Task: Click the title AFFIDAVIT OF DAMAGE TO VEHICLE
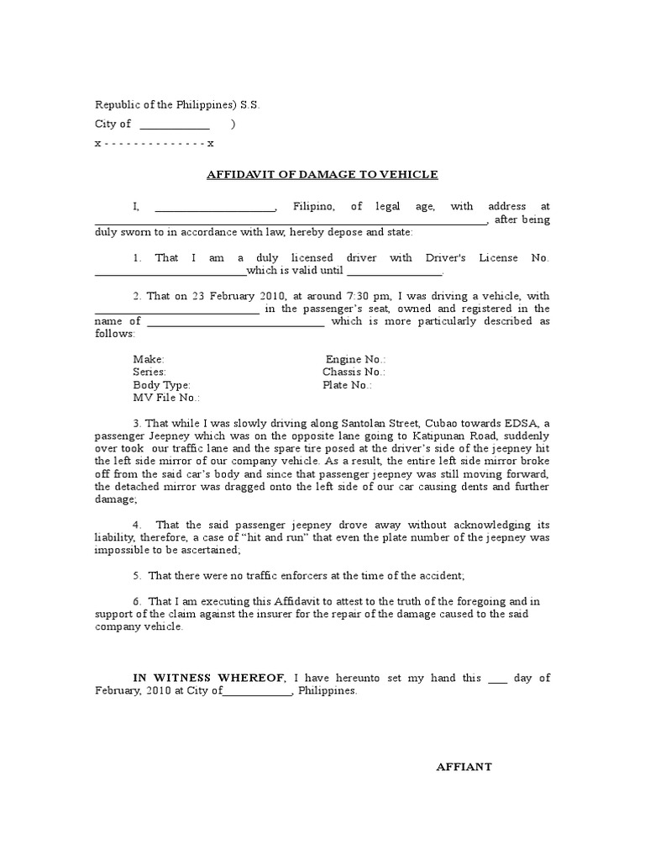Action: (x=322, y=175)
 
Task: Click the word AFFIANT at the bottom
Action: (x=464, y=767)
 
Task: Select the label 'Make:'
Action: (x=149, y=359)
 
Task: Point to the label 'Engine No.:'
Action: (x=355, y=359)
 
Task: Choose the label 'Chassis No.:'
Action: (x=354, y=372)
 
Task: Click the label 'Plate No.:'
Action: (x=347, y=385)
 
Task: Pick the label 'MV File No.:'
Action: (x=166, y=398)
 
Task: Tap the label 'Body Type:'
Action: (x=162, y=385)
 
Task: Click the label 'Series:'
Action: (x=149, y=372)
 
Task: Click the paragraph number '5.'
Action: (x=137, y=576)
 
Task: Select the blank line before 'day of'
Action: (x=497, y=679)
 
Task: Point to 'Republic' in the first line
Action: (x=116, y=105)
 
